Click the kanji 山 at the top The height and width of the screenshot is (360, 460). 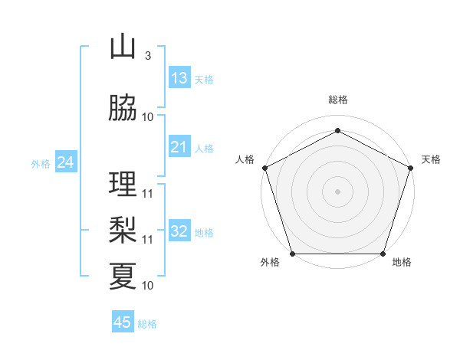[123, 47]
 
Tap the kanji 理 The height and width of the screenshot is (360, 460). [123, 185]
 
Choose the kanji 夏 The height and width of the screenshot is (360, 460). [123, 276]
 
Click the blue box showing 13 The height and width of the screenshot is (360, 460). [179, 78]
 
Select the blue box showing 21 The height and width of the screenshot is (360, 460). [179, 147]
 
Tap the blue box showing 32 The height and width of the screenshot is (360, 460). [179, 232]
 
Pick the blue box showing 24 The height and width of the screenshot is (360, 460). [66, 162]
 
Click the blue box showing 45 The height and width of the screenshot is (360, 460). [123, 322]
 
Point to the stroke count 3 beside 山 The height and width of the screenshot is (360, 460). [147, 56]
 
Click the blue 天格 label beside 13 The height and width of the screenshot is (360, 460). [204, 80]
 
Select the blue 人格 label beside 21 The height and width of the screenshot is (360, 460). [204, 149]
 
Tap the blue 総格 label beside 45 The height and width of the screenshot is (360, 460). [147, 324]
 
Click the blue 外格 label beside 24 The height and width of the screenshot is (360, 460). [41, 163]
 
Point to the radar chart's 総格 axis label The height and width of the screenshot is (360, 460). [338, 100]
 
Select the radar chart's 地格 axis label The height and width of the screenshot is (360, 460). [402, 263]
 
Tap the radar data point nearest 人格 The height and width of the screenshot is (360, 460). [264, 168]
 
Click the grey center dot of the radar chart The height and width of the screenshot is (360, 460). [338, 191]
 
